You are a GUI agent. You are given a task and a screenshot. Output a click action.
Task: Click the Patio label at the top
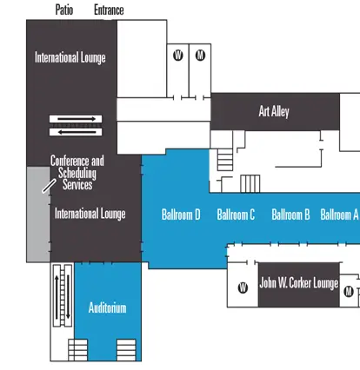tap(63, 10)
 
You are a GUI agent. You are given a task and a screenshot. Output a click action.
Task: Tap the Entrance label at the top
tap(109, 10)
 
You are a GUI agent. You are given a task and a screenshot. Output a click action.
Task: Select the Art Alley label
tap(274, 111)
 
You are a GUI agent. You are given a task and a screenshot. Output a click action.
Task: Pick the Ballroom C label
tap(236, 215)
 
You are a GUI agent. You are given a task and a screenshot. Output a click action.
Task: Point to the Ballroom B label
tap(290, 215)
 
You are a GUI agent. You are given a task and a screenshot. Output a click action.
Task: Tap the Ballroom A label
tap(339, 215)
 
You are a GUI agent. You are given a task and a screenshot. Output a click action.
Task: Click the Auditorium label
tap(108, 307)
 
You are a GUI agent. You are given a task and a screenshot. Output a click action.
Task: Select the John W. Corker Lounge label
tap(298, 283)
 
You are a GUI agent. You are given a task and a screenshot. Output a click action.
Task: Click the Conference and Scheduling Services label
tap(77, 173)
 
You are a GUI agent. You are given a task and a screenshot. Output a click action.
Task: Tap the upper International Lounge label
tap(70, 58)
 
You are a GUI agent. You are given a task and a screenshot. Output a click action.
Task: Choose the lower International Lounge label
tap(90, 213)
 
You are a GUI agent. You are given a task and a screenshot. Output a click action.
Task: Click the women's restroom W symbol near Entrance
tap(177, 56)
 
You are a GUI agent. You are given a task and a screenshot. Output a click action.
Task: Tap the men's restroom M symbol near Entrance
tap(200, 56)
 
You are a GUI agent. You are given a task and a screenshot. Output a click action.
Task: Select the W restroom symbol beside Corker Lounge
tap(243, 288)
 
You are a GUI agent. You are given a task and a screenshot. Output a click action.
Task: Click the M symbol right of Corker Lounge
tap(349, 291)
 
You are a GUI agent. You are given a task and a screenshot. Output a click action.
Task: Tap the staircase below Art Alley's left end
tap(226, 160)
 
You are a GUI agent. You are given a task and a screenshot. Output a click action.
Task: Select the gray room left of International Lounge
tap(37, 213)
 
